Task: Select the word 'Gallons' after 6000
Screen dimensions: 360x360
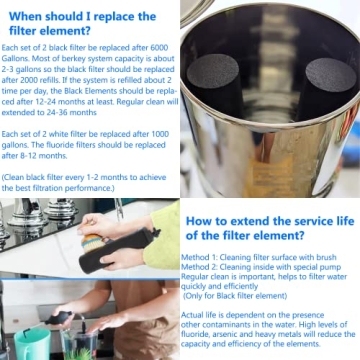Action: (x=18, y=58)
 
